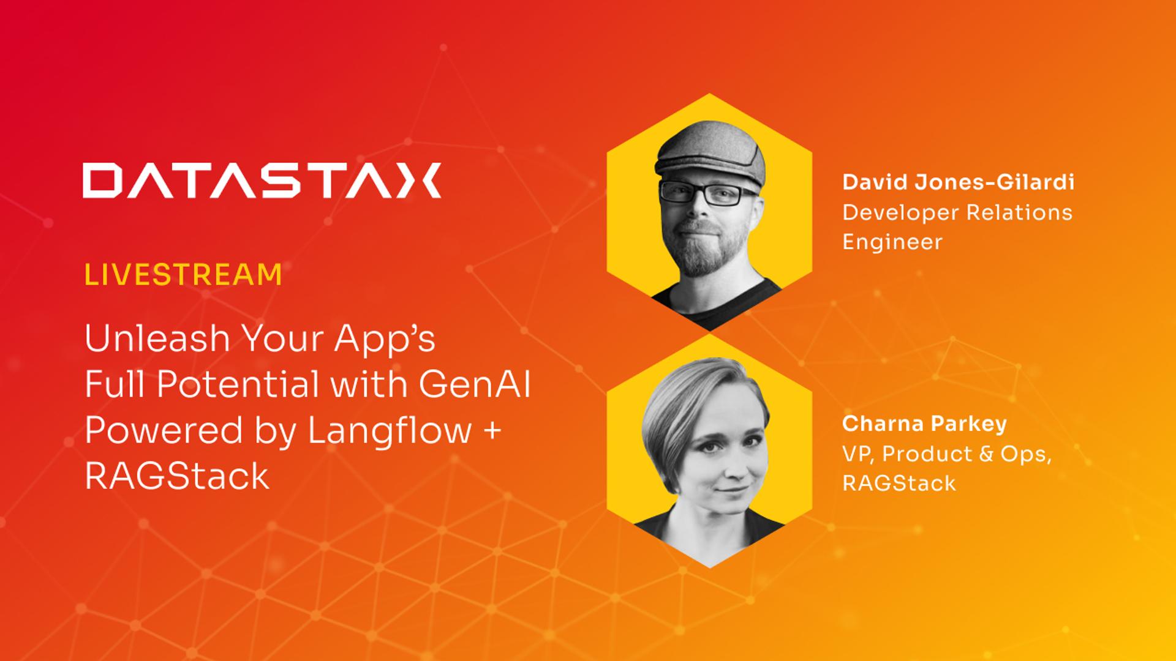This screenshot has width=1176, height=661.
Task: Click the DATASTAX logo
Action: coord(262,180)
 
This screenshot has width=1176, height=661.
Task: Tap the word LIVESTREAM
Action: coord(183,275)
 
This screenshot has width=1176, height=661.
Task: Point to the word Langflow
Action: coord(390,431)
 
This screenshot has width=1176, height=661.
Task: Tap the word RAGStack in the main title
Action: coord(177,476)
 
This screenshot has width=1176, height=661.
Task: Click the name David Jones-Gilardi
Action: coord(958,182)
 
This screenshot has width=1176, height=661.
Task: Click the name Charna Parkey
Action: coord(924,424)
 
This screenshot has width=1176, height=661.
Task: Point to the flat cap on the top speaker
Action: coord(710,153)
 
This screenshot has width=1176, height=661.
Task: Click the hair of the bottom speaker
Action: coord(692,392)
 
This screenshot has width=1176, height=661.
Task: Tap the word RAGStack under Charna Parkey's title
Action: coord(899,484)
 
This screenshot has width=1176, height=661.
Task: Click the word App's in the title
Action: coord(384,338)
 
